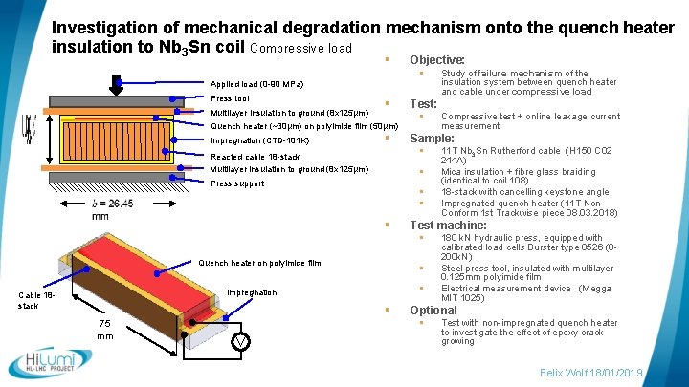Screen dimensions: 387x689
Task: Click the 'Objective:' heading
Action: coord(436,59)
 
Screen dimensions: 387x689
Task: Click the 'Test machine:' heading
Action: coord(448,226)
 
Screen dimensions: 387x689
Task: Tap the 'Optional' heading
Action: coord(433,311)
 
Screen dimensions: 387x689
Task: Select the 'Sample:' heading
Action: coord(432,139)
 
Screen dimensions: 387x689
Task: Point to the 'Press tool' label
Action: coord(230,98)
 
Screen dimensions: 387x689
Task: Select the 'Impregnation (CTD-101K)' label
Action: coord(259,140)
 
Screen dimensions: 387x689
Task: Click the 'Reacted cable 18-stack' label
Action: coord(255,156)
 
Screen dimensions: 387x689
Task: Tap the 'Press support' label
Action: coord(237,183)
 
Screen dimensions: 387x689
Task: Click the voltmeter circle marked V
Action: coord(242,342)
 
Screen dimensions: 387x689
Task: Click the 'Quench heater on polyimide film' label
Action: coord(259,263)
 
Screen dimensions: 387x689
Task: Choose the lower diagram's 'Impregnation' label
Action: coord(252,292)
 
